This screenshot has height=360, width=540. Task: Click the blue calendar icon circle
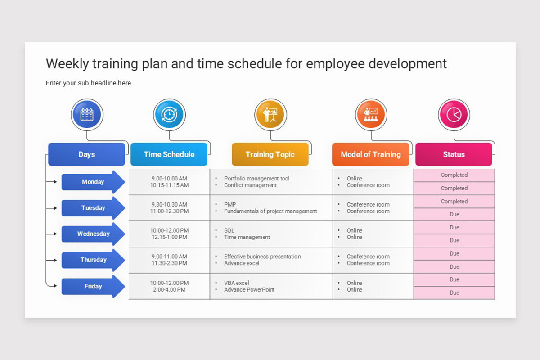pos(87,115)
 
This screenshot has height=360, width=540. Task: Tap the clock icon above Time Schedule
pos(169,115)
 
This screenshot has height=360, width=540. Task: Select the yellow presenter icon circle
pos(270,115)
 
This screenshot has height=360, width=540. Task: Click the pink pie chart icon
pos(454,115)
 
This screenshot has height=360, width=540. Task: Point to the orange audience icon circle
pos(371,115)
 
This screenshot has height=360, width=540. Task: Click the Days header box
pos(87,154)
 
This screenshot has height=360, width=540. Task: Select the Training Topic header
pos(270,154)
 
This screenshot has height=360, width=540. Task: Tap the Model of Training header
pos(371,154)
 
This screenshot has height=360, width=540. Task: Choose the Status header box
pos(454,154)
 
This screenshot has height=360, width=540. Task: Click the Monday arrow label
pos(93,182)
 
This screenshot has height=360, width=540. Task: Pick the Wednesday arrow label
pos(93,234)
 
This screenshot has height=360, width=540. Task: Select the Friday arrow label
pos(93,286)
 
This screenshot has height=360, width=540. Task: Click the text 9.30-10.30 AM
pos(169,204)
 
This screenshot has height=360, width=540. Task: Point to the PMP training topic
pos(230,204)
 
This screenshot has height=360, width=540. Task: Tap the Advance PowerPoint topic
pos(249,290)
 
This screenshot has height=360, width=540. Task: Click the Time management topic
pos(247,237)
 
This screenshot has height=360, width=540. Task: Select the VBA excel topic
pos(237,283)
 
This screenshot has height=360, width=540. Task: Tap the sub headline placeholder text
pos(88,83)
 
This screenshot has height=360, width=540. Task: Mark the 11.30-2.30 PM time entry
pos(169,263)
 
